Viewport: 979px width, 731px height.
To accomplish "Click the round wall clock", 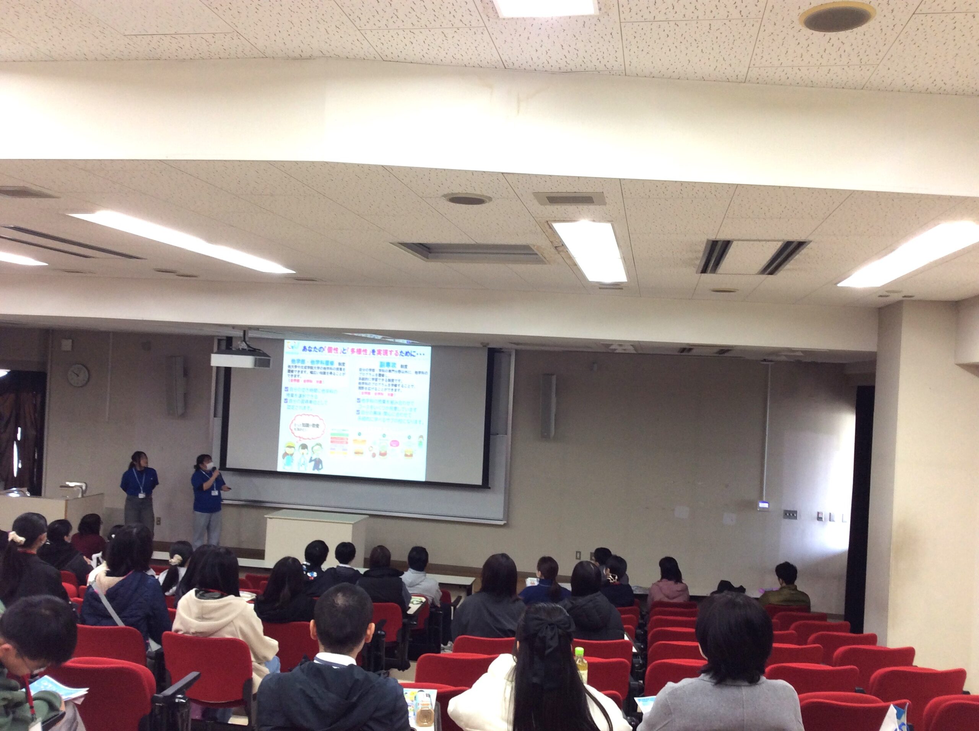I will pyautogui.click(x=78, y=375).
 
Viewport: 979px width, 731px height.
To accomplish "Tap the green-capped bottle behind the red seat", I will pyautogui.click(x=580, y=666).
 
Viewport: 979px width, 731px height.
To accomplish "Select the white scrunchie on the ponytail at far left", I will pyautogui.click(x=19, y=538).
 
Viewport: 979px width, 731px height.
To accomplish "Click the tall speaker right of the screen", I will pyautogui.click(x=548, y=406).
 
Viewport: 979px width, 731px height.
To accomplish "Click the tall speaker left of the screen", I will pyautogui.click(x=177, y=386).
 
